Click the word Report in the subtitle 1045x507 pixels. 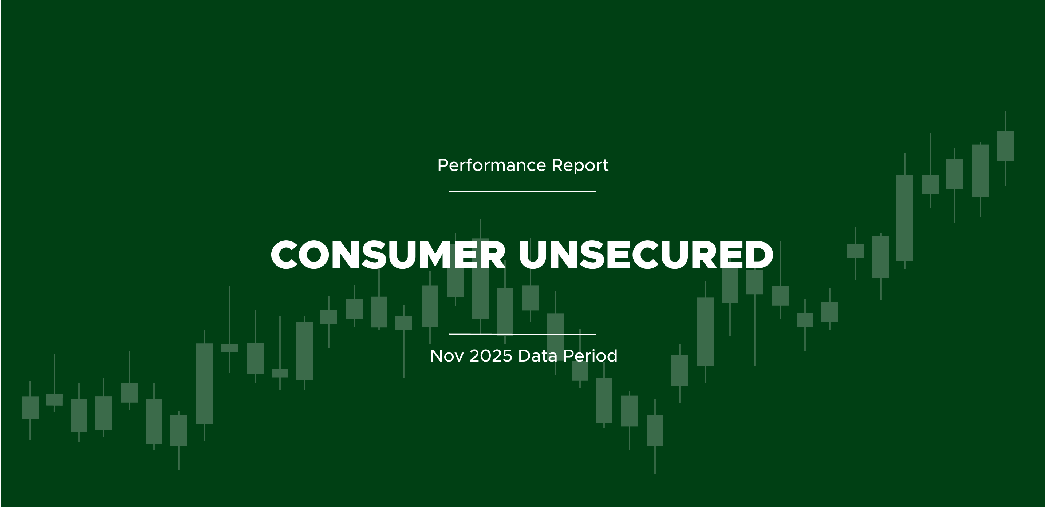(580, 166)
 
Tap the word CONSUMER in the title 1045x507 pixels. (388, 255)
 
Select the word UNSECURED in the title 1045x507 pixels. (646, 255)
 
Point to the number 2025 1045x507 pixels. (491, 356)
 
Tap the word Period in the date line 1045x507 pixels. (590, 356)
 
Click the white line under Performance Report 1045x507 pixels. (523, 191)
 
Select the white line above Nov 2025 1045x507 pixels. (523, 334)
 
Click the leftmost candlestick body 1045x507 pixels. (30, 408)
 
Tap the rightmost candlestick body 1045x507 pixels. (1005, 146)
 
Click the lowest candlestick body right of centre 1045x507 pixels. (655, 430)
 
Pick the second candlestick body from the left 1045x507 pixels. (54, 400)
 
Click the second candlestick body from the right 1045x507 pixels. (981, 171)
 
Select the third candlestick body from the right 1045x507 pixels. (954, 174)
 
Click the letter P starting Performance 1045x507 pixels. (443, 165)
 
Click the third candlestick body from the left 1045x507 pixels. (79, 415)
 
